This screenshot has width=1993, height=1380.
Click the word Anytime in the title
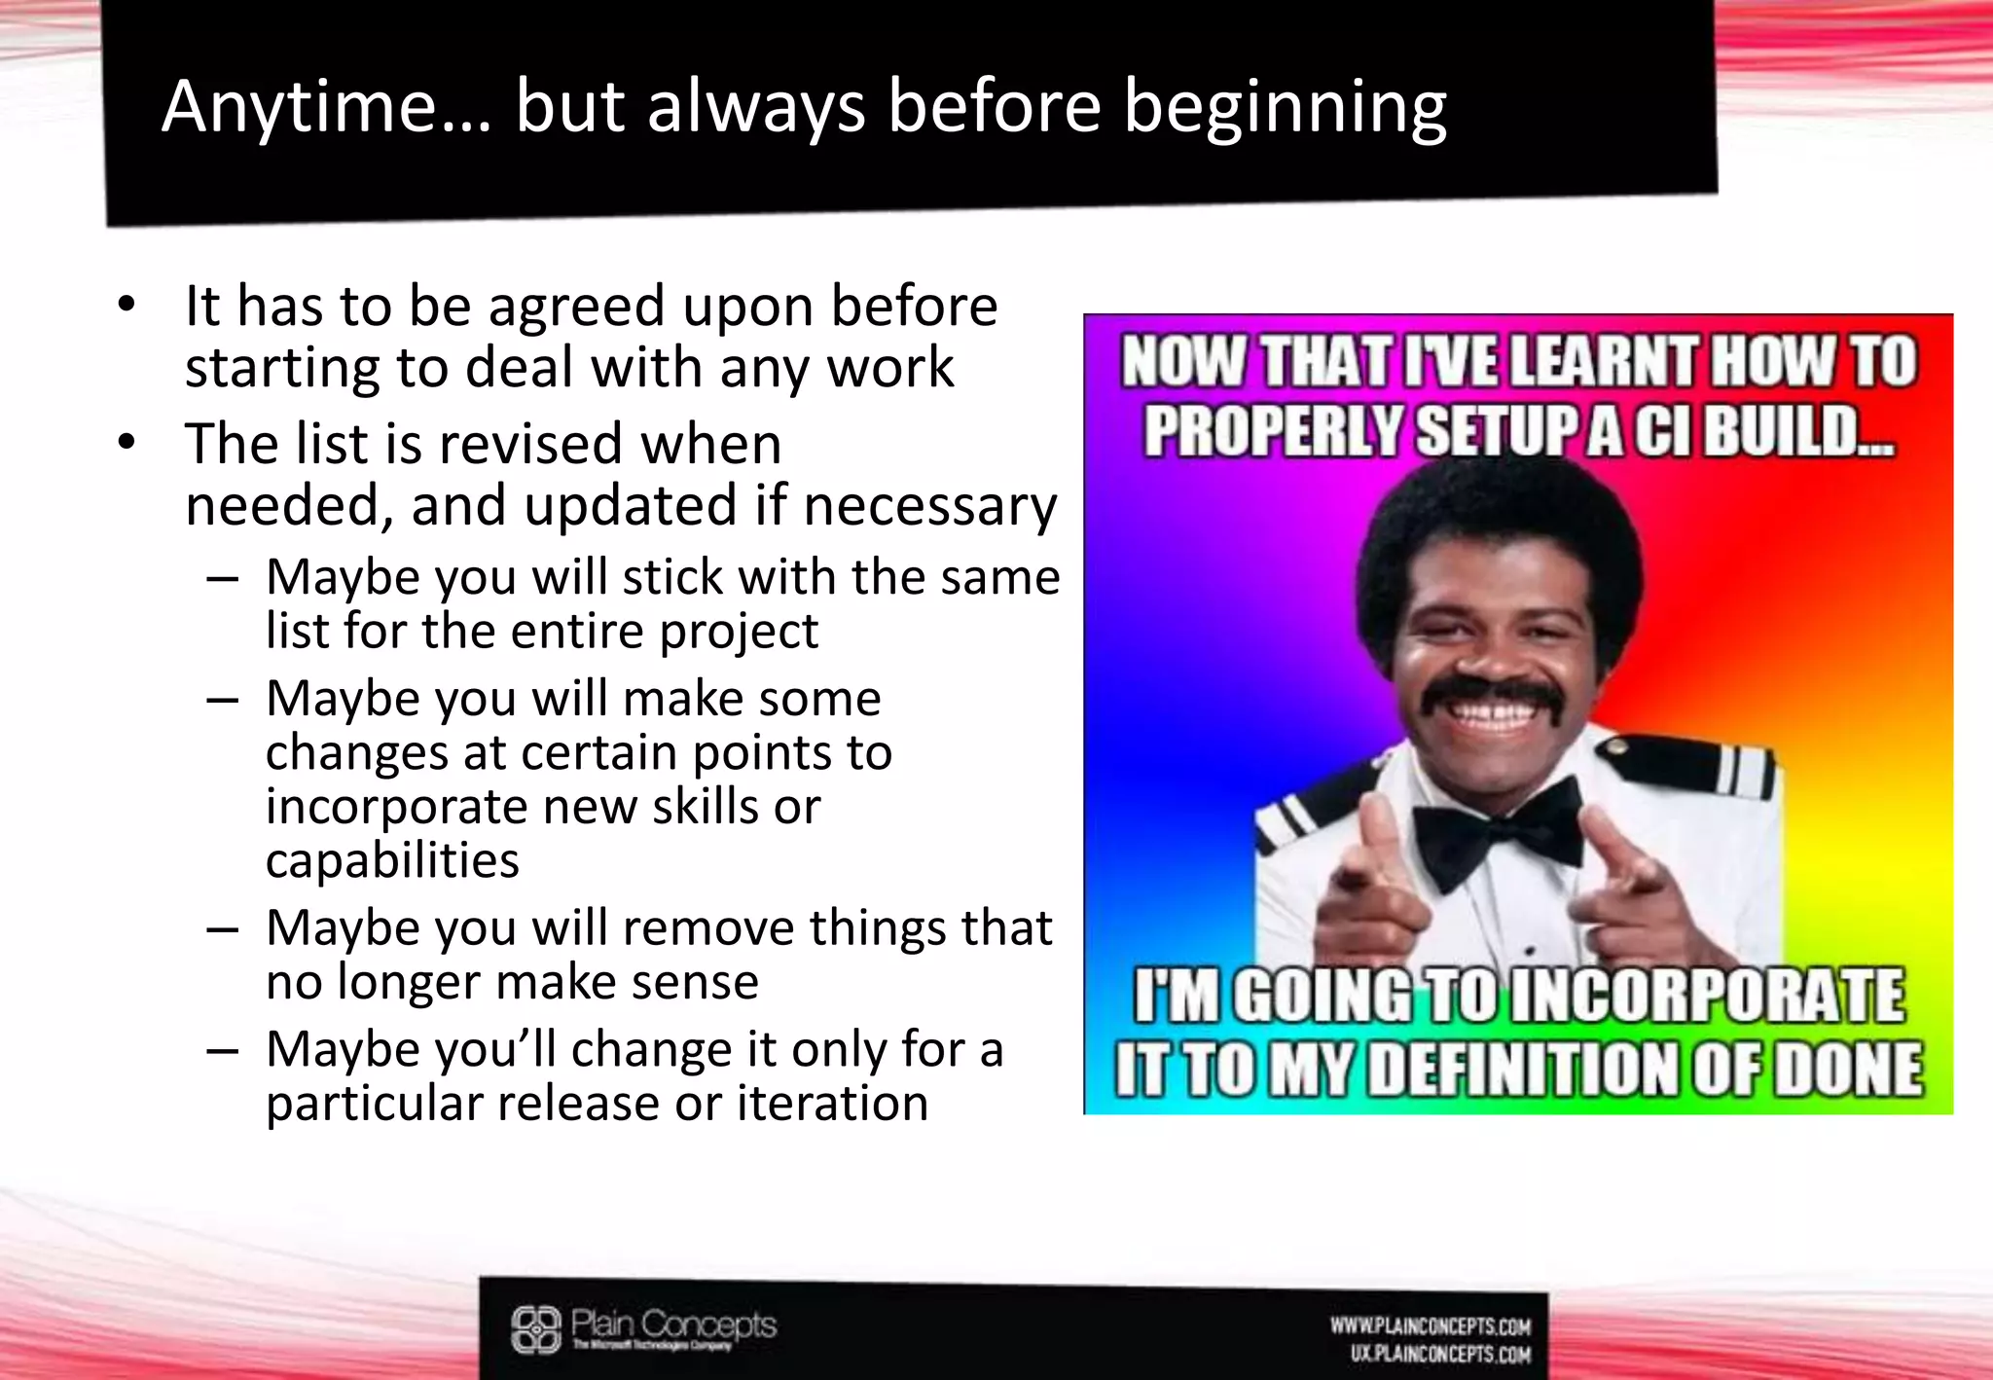coord(299,108)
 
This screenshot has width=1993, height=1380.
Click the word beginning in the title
coord(1285,108)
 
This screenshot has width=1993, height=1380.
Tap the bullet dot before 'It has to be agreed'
coord(126,306)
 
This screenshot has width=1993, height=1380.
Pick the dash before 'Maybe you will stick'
coord(223,578)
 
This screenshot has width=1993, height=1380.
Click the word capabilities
coord(392,860)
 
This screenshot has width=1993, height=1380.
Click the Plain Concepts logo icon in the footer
coord(536,1329)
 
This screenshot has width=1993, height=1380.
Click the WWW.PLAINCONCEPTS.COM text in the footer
coord(1431,1326)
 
